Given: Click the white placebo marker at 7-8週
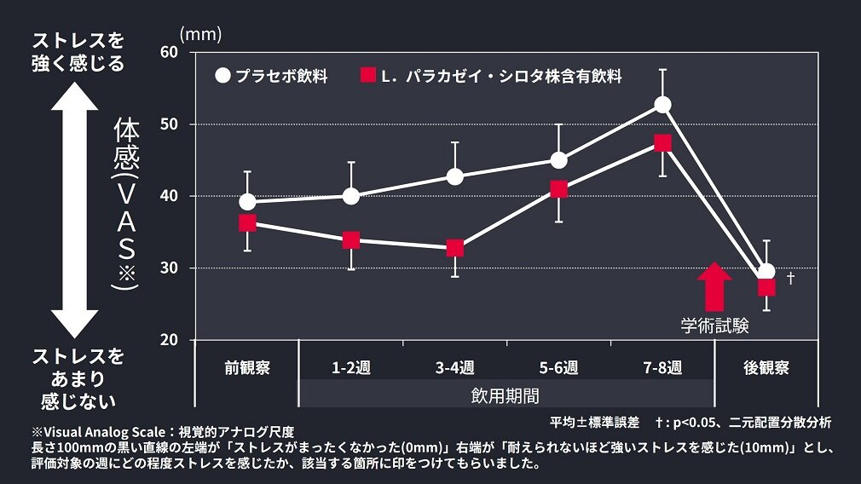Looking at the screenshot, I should click(x=662, y=105).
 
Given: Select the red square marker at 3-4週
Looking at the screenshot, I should click(x=455, y=248).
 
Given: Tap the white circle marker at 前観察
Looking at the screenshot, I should click(x=247, y=202).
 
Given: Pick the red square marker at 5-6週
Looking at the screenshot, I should click(x=558, y=189).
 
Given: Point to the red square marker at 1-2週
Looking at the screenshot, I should click(x=351, y=240).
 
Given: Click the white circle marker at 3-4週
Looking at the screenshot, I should click(x=455, y=176).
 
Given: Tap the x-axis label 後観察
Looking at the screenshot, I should click(x=766, y=368).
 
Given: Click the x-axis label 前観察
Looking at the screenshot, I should click(x=247, y=368).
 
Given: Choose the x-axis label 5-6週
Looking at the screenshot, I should click(x=558, y=368).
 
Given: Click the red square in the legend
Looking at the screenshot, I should click(x=367, y=75).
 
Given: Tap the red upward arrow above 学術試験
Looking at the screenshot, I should click(x=714, y=287).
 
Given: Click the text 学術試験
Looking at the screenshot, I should click(x=714, y=326).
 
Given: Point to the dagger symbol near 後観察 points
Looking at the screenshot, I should click(x=790, y=278).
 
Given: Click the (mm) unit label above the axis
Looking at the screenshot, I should click(x=200, y=34).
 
